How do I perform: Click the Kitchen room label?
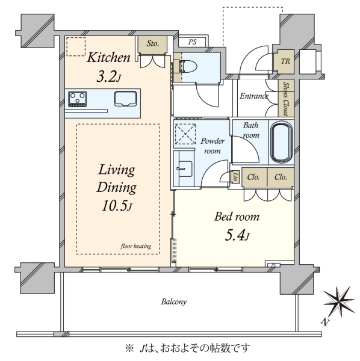pyautogui.click(x=108, y=57)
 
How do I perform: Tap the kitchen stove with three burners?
pyautogui.click(x=78, y=99)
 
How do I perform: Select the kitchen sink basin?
pyautogui.click(x=126, y=99)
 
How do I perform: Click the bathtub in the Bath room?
pyautogui.click(x=282, y=143)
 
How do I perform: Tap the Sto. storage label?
pyautogui.click(x=153, y=43)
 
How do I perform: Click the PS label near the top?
pyautogui.click(x=192, y=42)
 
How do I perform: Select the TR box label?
pyautogui.click(x=285, y=61)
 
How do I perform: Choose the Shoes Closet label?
pyautogui.click(x=286, y=99)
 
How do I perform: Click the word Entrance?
pyautogui.click(x=254, y=96)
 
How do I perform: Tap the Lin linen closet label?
pyautogui.click(x=235, y=177)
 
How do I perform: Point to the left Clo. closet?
pyautogui.click(x=254, y=177)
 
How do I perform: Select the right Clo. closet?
pyautogui.click(x=281, y=177)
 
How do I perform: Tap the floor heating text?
pyautogui.click(x=136, y=246)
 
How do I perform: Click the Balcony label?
pyautogui.click(x=173, y=301)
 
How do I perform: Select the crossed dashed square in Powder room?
pyautogui.click(x=185, y=134)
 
